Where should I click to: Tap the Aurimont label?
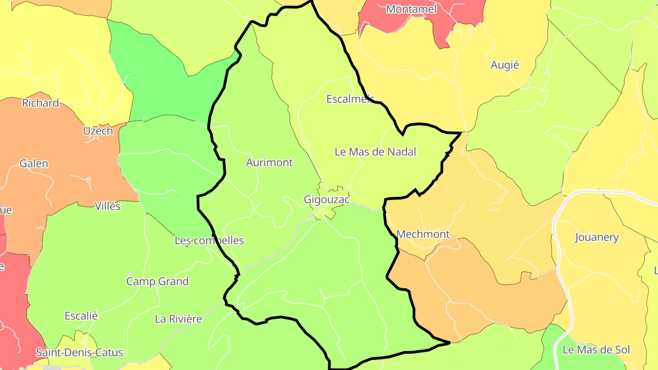click(x=269, y=163)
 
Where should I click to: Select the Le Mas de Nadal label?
click(x=375, y=152)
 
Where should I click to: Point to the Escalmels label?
click(x=350, y=99)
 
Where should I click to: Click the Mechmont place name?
click(x=423, y=234)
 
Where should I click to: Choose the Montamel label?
click(x=411, y=9)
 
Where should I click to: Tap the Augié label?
click(x=504, y=65)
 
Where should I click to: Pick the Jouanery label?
click(x=596, y=238)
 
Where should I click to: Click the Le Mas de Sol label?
click(x=596, y=350)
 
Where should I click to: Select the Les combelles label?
click(x=209, y=240)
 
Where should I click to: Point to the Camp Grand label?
click(x=157, y=281)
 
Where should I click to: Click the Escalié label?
click(x=81, y=316)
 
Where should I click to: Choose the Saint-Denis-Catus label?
click(x=80, y=353)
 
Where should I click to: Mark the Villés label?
click(x=107, y=206)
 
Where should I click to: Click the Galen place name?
click(x=34, y=164)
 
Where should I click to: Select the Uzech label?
click(x=98, y=131)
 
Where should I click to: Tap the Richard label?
click(x=41, y=103)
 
